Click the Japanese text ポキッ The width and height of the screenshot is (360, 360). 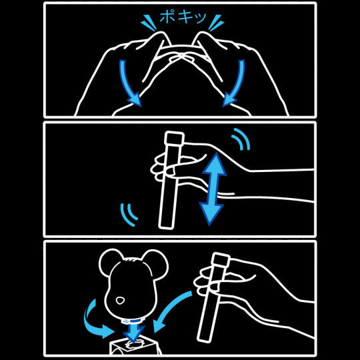[x=183, y=17]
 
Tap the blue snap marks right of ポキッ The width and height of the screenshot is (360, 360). [x=216, y=22]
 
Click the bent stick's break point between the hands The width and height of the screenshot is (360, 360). [x=181, y=57]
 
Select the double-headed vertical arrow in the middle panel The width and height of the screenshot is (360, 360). [x=213, y=189]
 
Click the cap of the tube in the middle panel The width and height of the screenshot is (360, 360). [x=175, y=139]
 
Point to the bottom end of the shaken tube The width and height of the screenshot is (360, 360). [x=166, y=227]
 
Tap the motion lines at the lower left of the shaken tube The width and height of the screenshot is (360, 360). [x=129, y=215]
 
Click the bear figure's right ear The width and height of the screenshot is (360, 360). [x=156, y=263]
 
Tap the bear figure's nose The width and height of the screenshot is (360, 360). [x=120, y=300]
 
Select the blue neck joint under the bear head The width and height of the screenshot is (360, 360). [x=131, y=321]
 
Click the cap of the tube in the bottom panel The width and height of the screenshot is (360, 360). [x=221, y=259]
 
